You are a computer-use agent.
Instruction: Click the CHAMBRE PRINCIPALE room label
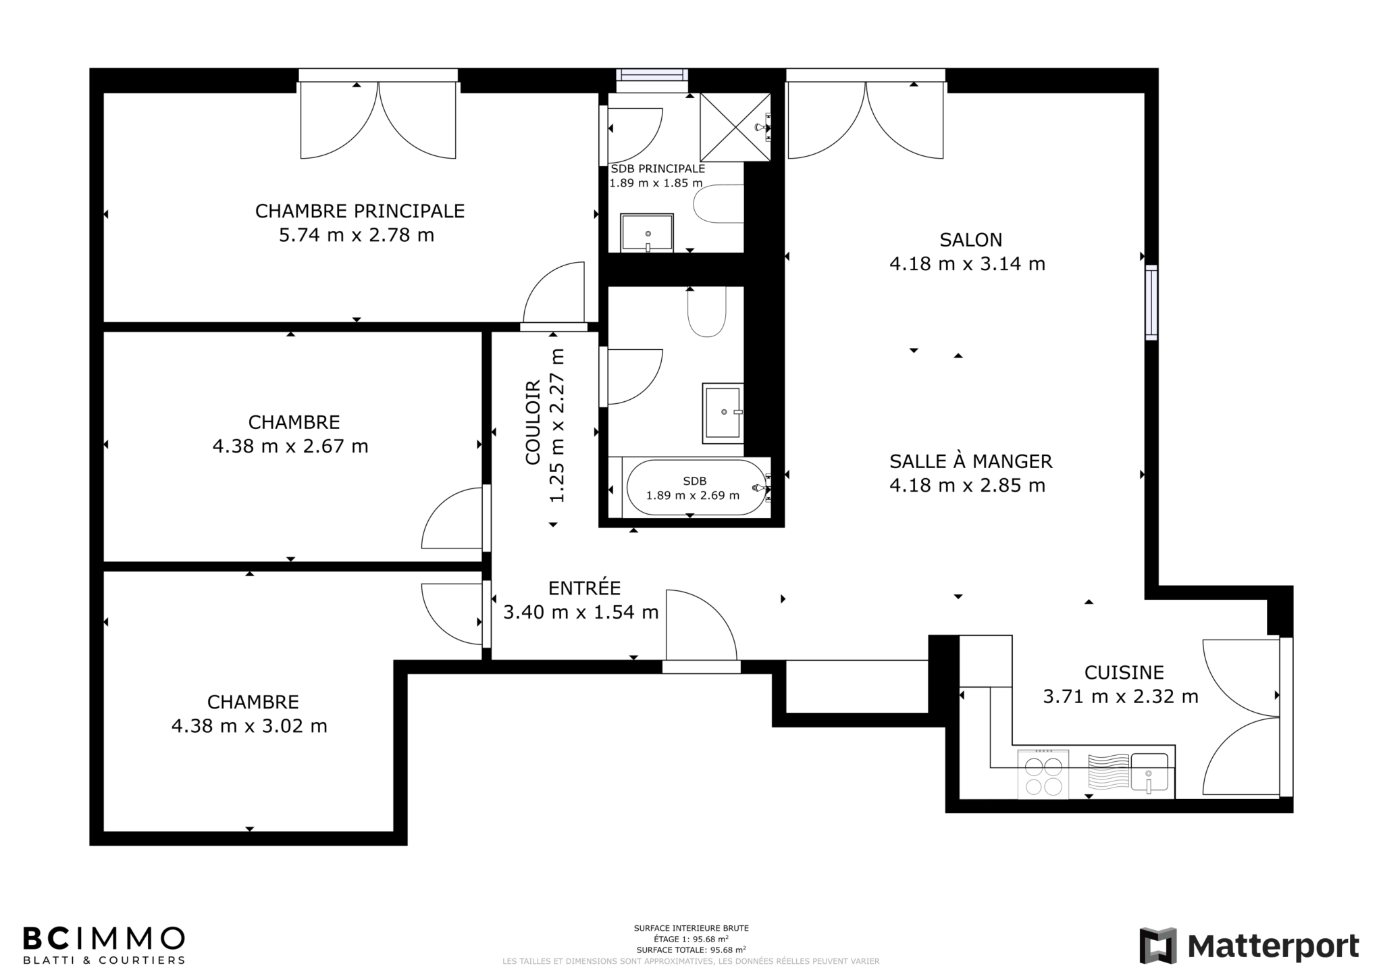tap(360, 211)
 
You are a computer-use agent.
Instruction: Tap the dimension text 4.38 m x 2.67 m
tap(290, 446)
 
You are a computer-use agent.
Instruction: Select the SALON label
tap(971, 240)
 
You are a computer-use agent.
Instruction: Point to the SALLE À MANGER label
tap(971, 461)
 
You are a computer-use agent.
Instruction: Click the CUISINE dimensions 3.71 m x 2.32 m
tap(1121, 696)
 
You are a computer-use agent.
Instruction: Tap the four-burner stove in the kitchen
tap(1043, 775)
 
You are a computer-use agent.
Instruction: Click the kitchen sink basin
tap(1149, 772)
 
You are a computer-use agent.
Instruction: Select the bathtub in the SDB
tap(695, 487)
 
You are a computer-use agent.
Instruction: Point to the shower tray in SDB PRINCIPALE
tap(735, 127)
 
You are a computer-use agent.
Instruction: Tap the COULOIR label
tap(533, 422)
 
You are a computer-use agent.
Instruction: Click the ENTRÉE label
tap(584, 588)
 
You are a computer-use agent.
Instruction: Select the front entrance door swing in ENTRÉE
tap(701, 625)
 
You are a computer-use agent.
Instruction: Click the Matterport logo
tap(1249, 946)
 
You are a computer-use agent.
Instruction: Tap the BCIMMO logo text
tap(103, 939)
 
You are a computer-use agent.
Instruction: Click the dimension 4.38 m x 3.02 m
tap(249, 726)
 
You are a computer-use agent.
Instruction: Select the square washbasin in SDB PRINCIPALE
tap(648, 233)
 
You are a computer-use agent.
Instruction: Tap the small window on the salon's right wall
tap(1151, 302)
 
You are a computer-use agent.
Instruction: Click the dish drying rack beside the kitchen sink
tap(1108, 772)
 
